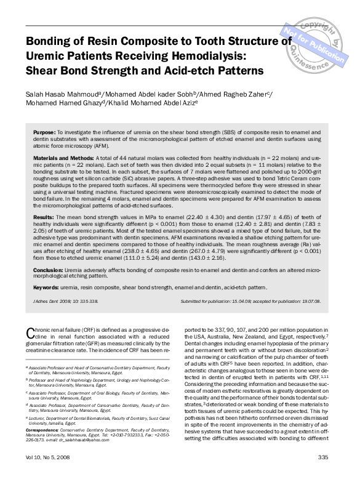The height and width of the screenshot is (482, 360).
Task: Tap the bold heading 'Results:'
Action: click(44, 218)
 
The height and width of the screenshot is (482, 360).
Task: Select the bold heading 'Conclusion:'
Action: click(49, 270)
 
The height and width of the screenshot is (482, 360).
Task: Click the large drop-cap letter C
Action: click(30, 333)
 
